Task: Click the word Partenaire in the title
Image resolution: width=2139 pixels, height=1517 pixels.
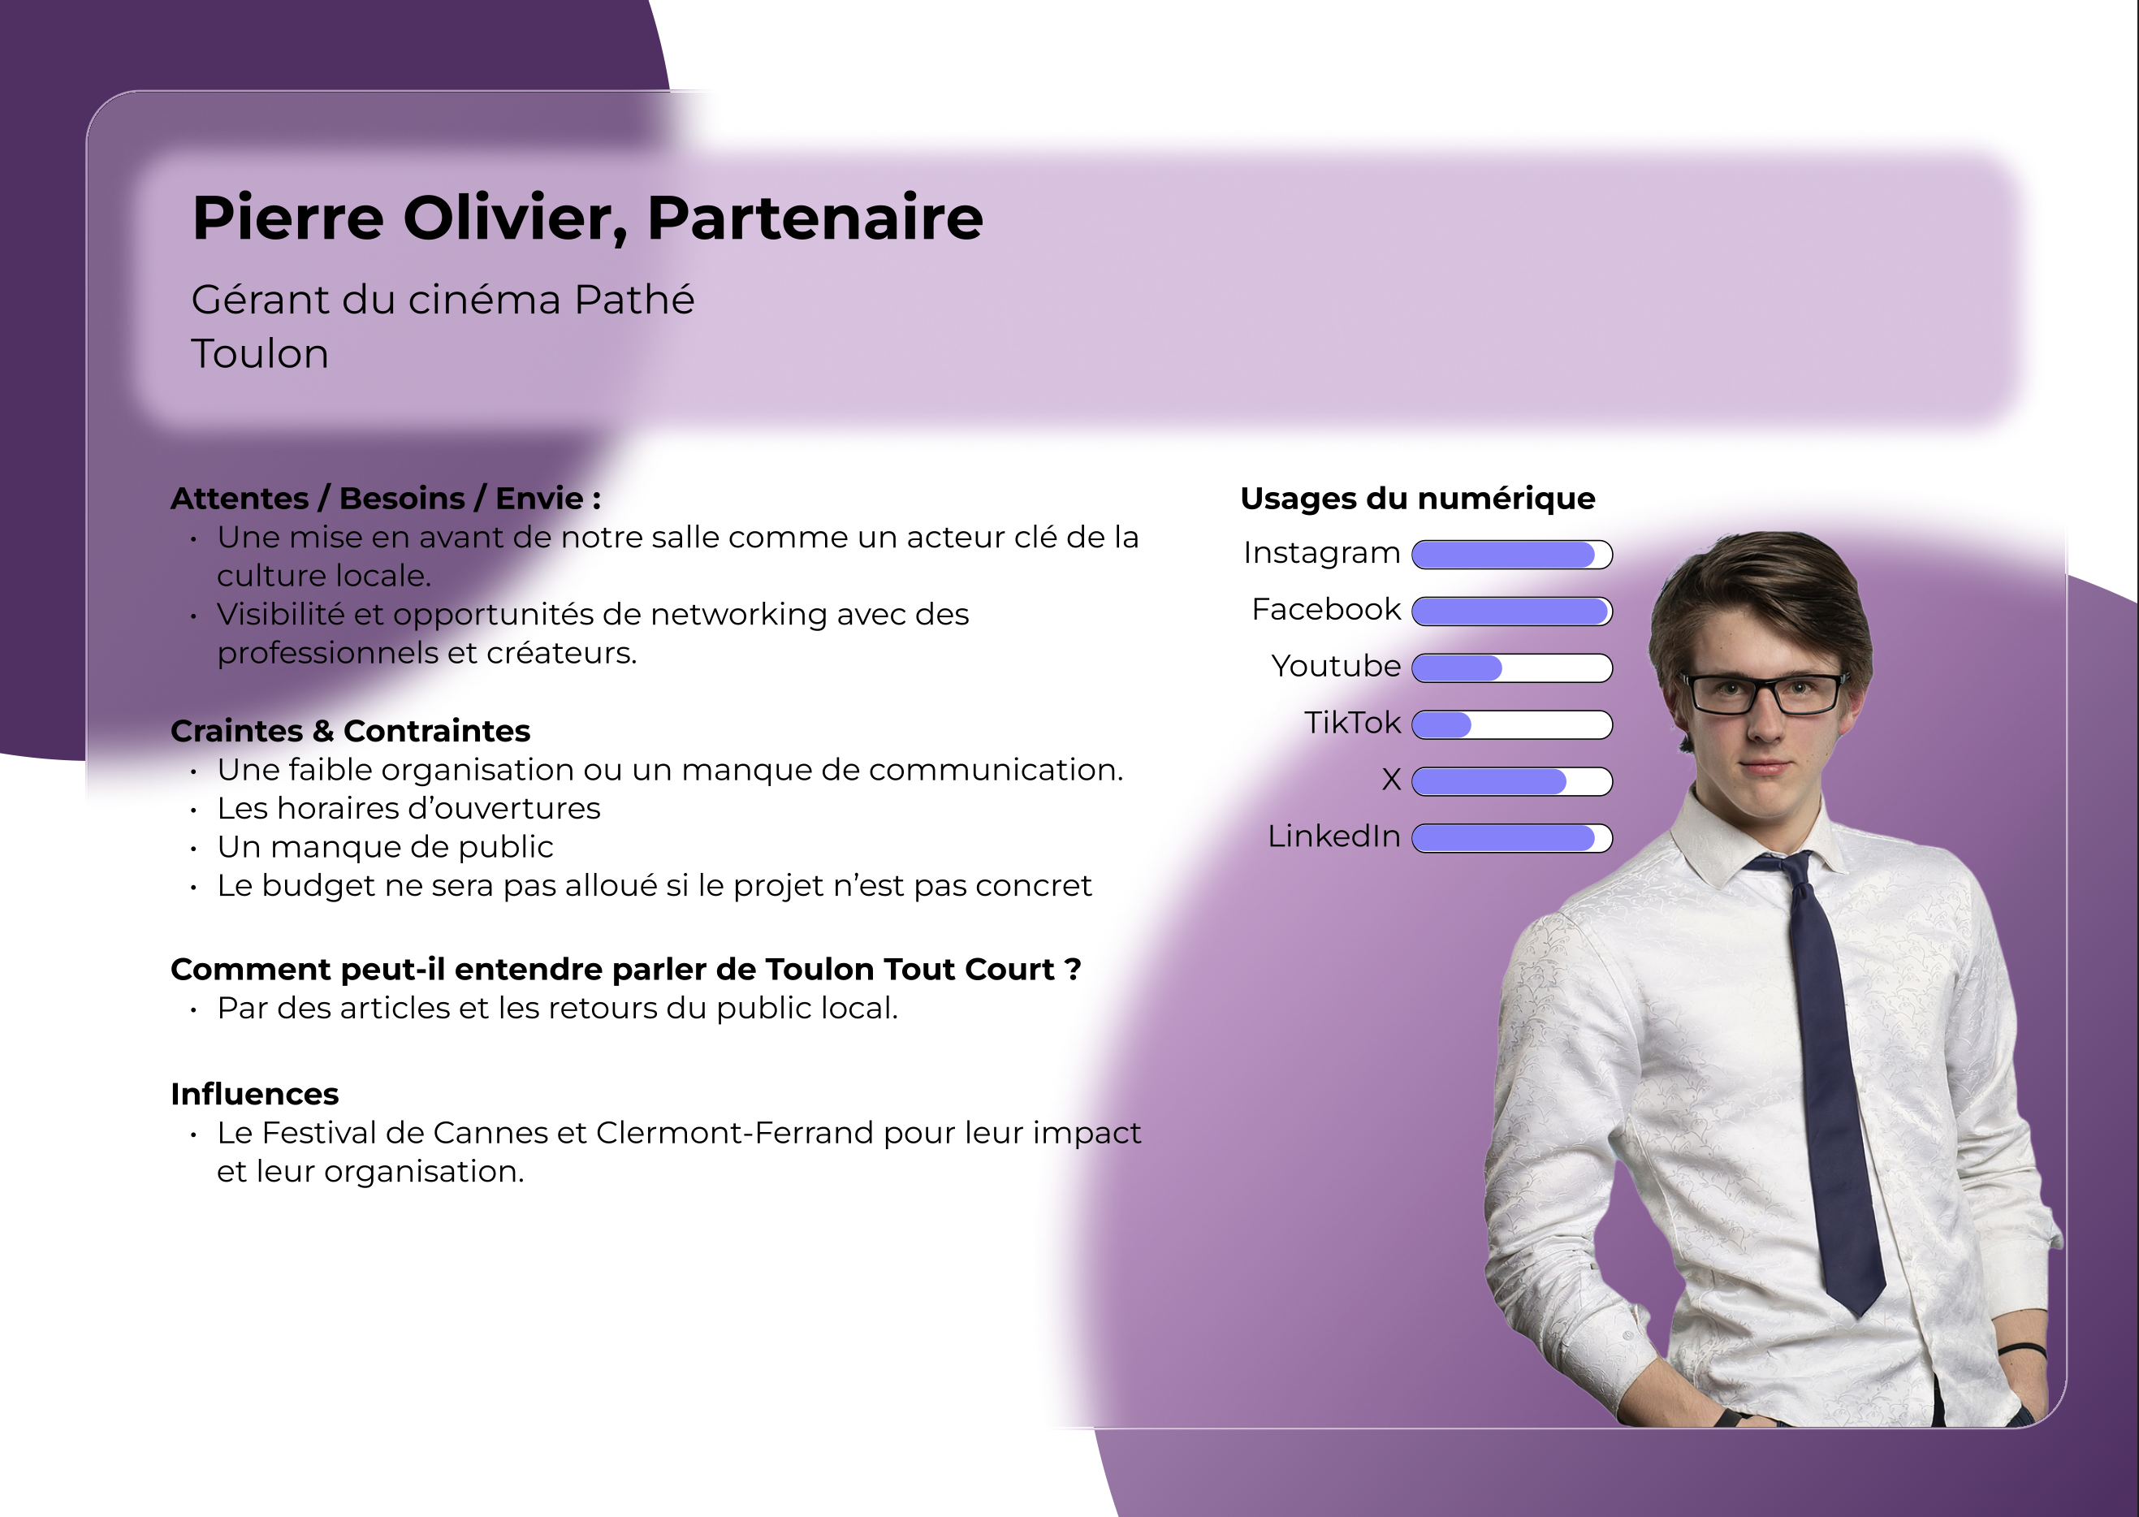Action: pyautogui.click(x=815, y=218)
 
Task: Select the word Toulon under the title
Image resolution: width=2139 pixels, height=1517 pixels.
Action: pyautogui.click(x=260, y=354)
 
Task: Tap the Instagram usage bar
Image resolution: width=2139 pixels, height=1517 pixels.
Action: pyautogui.click(x=1511, y=555)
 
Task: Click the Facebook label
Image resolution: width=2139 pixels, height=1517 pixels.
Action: pyautogui.click(x=1325, y=609)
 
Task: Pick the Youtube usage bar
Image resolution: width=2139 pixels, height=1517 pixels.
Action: pyautogui.click(x=1511, y=668)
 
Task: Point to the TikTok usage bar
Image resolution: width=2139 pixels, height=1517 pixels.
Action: pyautogui.click(x=1511, y=725)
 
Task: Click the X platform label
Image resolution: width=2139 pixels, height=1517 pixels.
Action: pyautogui.click(x=1391, y=779)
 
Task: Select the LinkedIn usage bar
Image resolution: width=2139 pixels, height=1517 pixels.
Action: pyautogui.click(x=1511, y=838)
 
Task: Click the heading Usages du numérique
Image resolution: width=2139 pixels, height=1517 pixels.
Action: pyautogui.click(x=1417, y=499)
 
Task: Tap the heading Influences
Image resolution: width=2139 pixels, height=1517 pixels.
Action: pyautogui.click(x=254, y=1094)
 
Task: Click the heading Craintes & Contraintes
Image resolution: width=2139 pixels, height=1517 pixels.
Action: pyautogui.click(x=350, y=730)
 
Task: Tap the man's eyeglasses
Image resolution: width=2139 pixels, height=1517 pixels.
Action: pyautogui.click(x=1761, y=693)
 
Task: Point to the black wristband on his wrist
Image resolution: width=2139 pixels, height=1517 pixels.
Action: pyautogui.click(x=2021, y=1350)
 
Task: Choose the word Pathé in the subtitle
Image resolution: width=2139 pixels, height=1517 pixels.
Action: pyautogui.click(x=634, y=300)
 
